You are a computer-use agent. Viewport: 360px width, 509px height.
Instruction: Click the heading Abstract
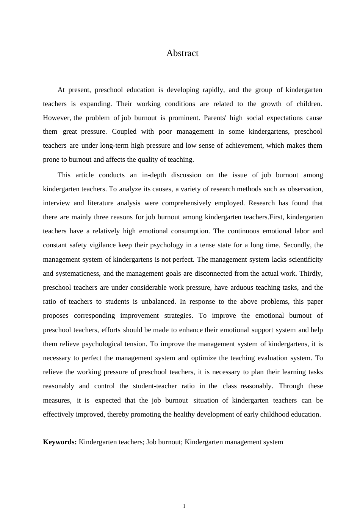182,53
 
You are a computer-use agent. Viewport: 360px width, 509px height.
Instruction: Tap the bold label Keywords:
60,442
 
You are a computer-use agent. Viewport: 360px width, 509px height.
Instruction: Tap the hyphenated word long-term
114,145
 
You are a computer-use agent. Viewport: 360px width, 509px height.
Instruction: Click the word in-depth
156,175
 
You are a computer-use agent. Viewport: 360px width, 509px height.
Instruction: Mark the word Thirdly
311,273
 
